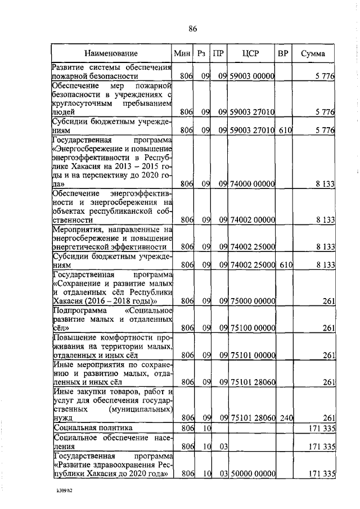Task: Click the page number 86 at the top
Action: pyautogui.click(x=193, y=29)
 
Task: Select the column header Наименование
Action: pyautogui.click(x=111, y=53)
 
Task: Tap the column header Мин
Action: pyautogui.click(x=183, y=53)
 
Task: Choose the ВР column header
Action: pyautogui.click(x=283, y=53)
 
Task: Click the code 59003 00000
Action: pyautogui.click(x=251, y=76)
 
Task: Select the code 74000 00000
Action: pyautogui.click(x=251, y=183)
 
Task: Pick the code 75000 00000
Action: pyautogui.click(x=251, y=301)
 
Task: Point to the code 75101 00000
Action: pyautogui.click(x=251, y=355)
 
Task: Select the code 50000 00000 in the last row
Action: pyautogui.click(x=251, y=475)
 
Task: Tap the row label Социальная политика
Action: pyautogui.click(x=84, y=427)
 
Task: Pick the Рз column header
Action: pyautogui.click(x=202, y=53)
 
